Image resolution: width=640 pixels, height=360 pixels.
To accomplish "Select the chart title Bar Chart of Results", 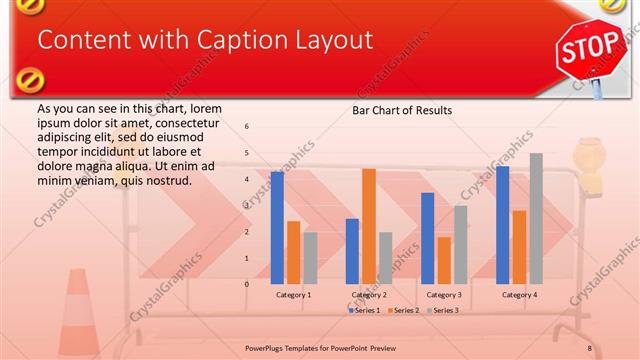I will point(401,110).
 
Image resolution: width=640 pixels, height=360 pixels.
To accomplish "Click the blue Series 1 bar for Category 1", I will point(277,228).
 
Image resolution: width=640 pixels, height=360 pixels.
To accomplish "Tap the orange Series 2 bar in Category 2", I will point(369,226).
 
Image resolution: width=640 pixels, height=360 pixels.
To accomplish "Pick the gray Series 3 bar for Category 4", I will point(536,219).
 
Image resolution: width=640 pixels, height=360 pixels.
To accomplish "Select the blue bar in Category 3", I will point(427,238).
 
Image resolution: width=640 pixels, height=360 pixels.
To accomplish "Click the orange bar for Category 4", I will point(519,247).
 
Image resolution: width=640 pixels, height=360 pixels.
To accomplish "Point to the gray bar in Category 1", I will point(310,258).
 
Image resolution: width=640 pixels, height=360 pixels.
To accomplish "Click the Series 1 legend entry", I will point(363,311).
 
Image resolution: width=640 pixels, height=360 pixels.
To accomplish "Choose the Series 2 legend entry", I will point(402,311).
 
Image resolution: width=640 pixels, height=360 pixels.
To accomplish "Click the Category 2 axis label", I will point(368,295).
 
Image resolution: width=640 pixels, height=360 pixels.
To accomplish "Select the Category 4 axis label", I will point(519,295).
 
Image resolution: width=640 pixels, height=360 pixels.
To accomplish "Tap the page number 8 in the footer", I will point(590,347).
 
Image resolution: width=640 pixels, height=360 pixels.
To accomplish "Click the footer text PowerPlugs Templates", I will point(289,347).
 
